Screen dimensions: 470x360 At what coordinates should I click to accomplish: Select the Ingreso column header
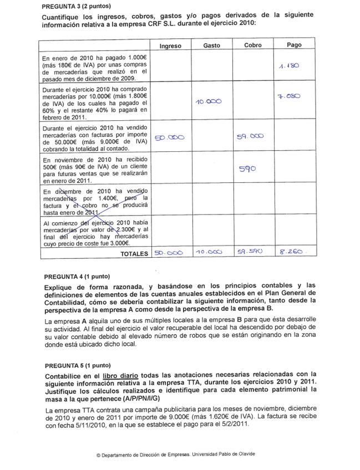170,46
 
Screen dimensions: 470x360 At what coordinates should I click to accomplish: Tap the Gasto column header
211,45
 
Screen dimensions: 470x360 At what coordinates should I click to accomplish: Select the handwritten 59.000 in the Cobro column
250,135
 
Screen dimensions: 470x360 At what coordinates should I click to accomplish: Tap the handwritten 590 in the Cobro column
247,169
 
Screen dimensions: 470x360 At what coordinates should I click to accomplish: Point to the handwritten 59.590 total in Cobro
251,252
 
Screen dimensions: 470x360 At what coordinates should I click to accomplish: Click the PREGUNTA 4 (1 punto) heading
77,276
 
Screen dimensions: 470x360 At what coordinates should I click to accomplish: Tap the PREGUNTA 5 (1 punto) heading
77,366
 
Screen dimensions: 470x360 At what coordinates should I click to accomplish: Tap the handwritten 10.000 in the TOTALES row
209,252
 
